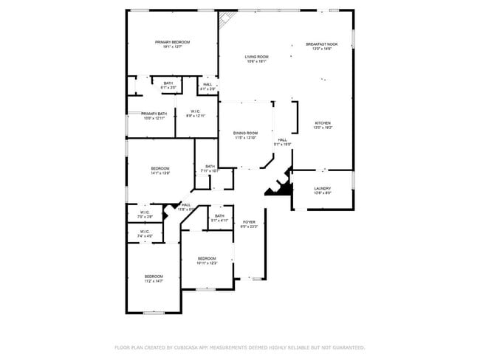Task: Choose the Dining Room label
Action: (x=246, y=135)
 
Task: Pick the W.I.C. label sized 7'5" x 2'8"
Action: (x=145, y=215)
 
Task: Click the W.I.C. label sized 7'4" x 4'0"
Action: (x=145, y=234)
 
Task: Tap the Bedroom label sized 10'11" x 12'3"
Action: (x=207, y=260)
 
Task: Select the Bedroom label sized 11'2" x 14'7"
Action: (x=153, y=279)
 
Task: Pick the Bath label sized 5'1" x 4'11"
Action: (x=220, y=218)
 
